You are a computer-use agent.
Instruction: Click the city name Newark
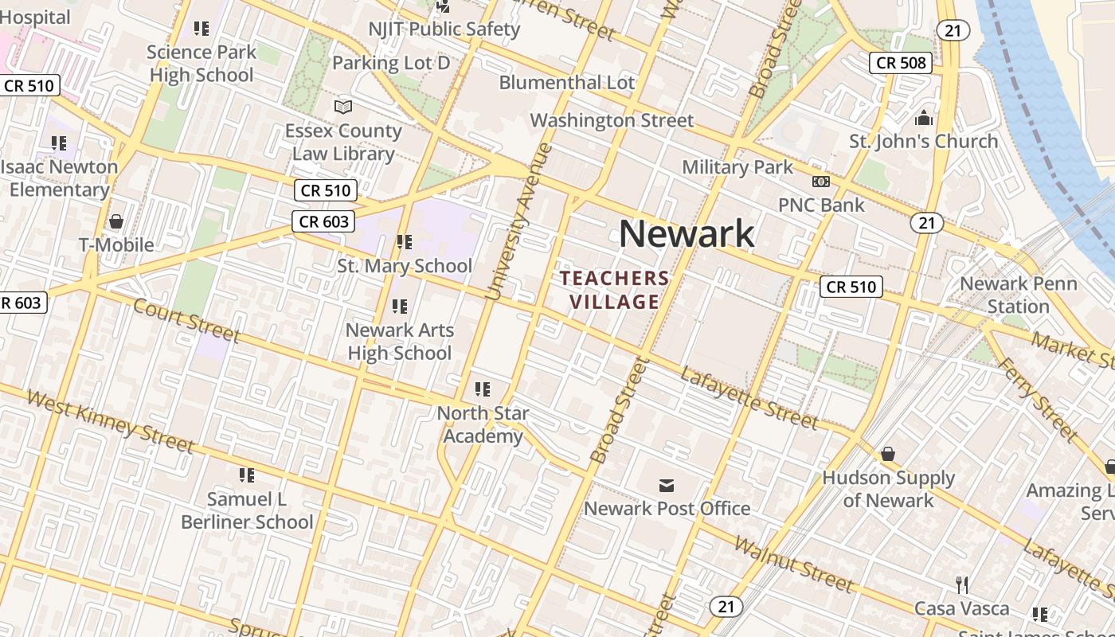[x=687, y=234]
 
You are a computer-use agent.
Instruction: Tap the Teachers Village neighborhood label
[x=615, y=290]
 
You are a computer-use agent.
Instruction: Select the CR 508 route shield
[x=900, y=62]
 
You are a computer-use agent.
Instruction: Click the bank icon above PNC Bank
[x=820, y=182]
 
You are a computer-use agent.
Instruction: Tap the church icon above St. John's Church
[x=924, y=119]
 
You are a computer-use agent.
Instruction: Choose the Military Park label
[x=737, y=167]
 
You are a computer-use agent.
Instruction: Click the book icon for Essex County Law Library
[x=343, y=107]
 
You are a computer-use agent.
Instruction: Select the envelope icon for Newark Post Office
[x=667, y=485]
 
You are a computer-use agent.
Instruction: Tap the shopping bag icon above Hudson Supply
[x=888, y=454]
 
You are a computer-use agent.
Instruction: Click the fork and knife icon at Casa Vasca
[x=962, y=585]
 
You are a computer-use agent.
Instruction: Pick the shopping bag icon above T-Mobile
[x=116, y=221]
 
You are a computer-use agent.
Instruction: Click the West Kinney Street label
[x=111, y=420]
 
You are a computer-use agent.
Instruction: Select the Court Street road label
[x=186, y=320]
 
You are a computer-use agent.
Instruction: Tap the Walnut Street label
[x=793, y=564]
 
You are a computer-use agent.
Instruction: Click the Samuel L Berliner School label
[x=247, y=510]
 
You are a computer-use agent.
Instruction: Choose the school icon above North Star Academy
[x=483, y=389]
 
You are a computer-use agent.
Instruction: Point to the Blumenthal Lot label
[x=567, y=83]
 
